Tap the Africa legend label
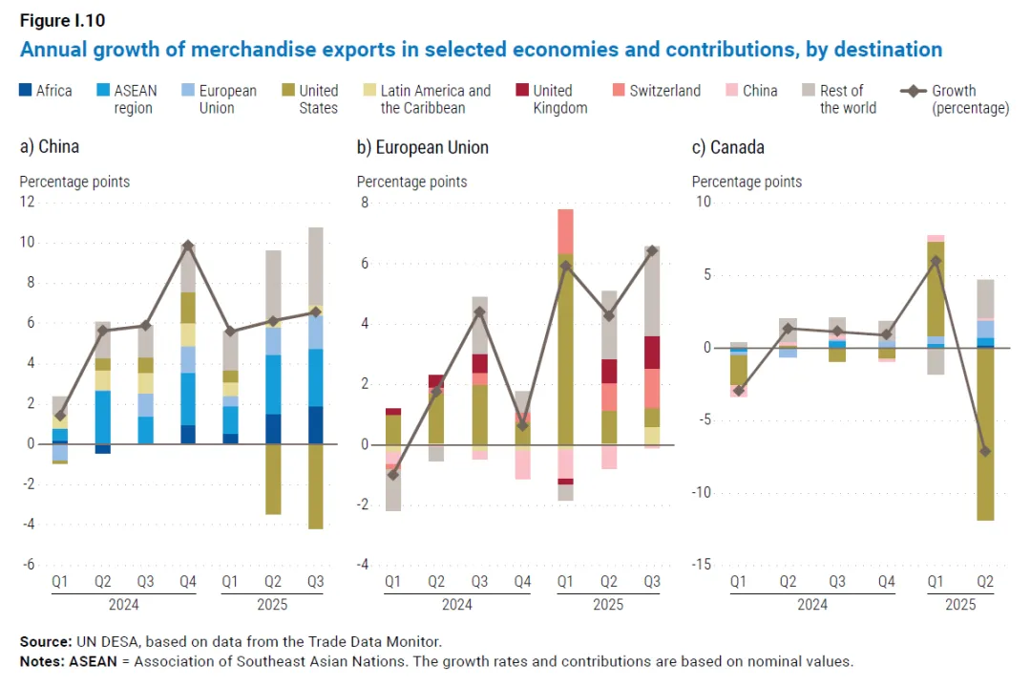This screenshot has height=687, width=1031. [x=53, y=91]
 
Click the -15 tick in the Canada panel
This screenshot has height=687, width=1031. [x=703, y=565]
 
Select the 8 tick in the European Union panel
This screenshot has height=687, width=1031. [x=363, y=202]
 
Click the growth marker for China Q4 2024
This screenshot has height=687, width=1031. [x=188, y=246]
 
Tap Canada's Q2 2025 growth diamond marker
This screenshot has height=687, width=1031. [x=985, y=451]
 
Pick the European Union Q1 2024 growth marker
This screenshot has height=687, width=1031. [x=393, y=475]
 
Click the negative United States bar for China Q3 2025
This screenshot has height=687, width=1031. [x=316, y=486]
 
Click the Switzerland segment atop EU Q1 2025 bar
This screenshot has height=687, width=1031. [x=565, y=231]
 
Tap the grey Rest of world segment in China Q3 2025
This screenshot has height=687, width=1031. [x=316, y=267]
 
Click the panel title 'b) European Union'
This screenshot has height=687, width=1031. [x=422, y=147]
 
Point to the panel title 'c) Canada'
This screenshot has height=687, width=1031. [x=727, y=147]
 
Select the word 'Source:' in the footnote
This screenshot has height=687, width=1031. [x=44, y=641]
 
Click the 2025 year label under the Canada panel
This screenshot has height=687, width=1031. [x=960, y=605]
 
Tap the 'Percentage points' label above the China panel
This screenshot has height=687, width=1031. [x=74, y=182]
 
